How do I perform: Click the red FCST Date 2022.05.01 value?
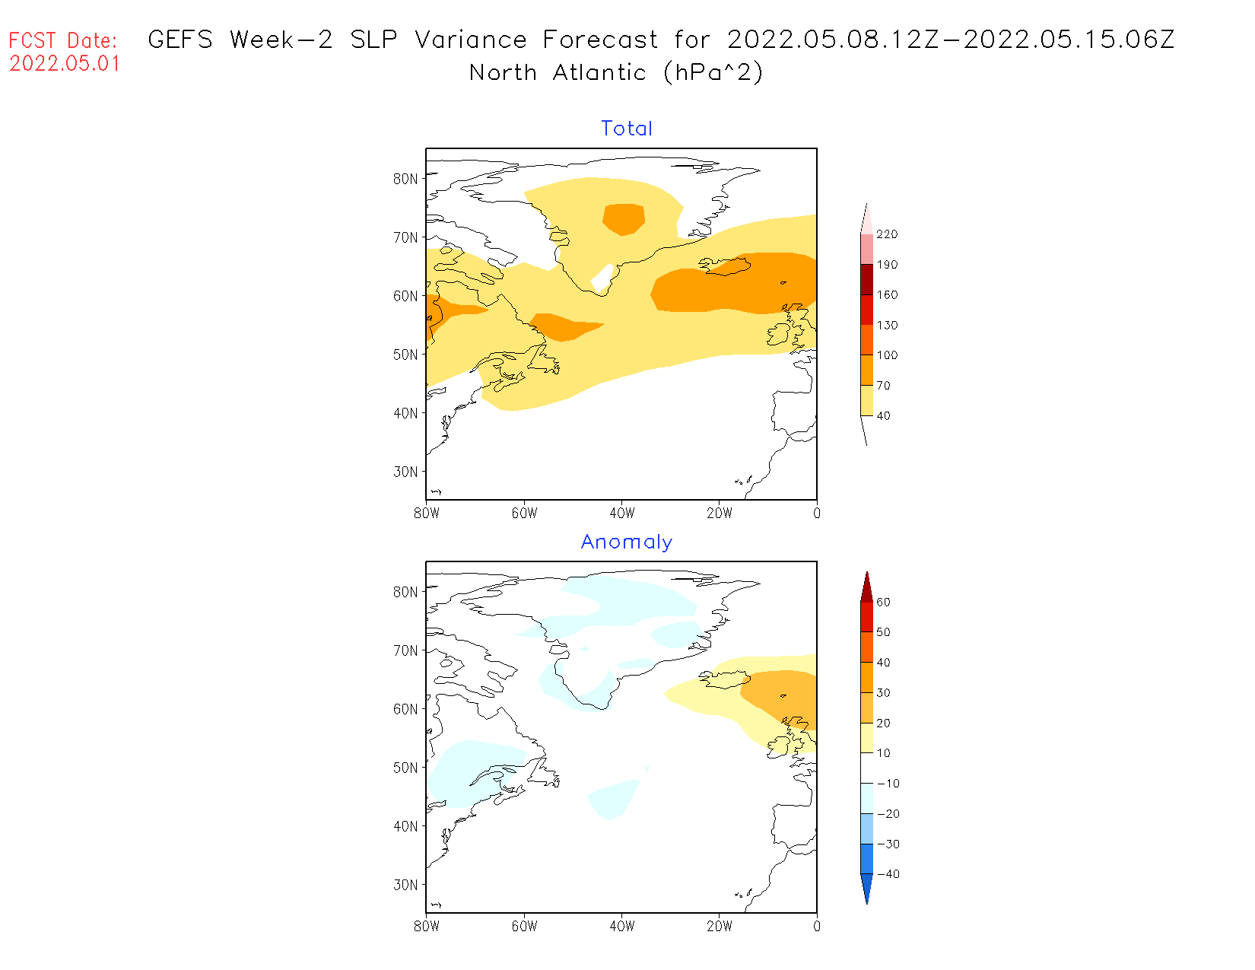tap(65, 63)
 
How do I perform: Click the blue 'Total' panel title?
tap(627, 129)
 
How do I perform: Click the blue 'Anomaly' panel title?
tap(627, 542)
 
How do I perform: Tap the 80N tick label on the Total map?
tap(405, 179)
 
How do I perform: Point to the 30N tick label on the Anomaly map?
tap(405, 885)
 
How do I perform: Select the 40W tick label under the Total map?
tap(622, 514)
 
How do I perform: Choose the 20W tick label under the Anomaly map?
tap(720, 927)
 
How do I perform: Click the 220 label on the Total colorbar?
tap(887, 234)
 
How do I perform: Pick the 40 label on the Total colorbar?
tap(883, 416)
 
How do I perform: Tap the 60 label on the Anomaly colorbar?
tap(883, 603)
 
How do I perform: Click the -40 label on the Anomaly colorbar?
tap(888, 874)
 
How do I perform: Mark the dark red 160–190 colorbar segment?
tap(866, 279)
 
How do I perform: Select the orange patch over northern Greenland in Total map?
tap(624, 219)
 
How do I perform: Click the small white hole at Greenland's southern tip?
tap(602, 278)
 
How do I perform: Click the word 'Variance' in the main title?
tap(471, 40)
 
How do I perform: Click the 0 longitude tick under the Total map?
tap(817, 514)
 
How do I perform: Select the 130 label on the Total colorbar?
tap(887, 326)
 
